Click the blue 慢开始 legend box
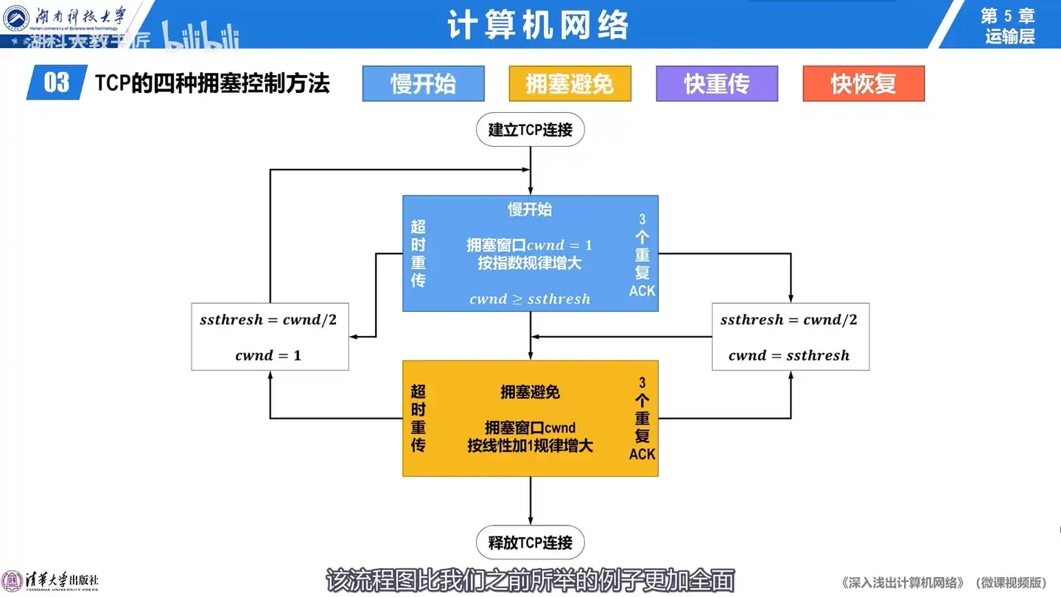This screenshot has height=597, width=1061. point(423,83)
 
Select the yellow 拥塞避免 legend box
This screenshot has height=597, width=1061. point(570,83)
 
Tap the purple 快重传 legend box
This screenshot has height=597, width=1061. point(717,83)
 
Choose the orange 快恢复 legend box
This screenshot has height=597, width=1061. point(864,83)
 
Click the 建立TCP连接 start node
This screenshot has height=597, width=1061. point(530,130)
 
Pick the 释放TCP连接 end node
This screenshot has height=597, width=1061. point(530,543)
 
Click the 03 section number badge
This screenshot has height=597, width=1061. point(57,83)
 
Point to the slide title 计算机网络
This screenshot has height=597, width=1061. point(538,26)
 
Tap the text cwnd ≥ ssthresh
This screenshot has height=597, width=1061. point(530,299)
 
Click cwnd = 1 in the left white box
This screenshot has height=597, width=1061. point(268,355)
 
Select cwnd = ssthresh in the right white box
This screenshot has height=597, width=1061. point(789,355)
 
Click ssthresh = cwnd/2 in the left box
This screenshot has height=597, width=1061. point(268,320)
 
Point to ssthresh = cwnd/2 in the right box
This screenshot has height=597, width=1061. point(789,320)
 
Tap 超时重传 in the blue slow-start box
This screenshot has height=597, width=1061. point(419,253)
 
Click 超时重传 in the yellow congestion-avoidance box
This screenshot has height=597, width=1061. point(419,418)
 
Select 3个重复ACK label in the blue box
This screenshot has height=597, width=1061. point(642,255)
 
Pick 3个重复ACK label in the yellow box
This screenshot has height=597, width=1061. point(642,419)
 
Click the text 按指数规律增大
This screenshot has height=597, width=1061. point(530,263)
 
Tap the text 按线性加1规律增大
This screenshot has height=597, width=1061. point(530,446)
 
